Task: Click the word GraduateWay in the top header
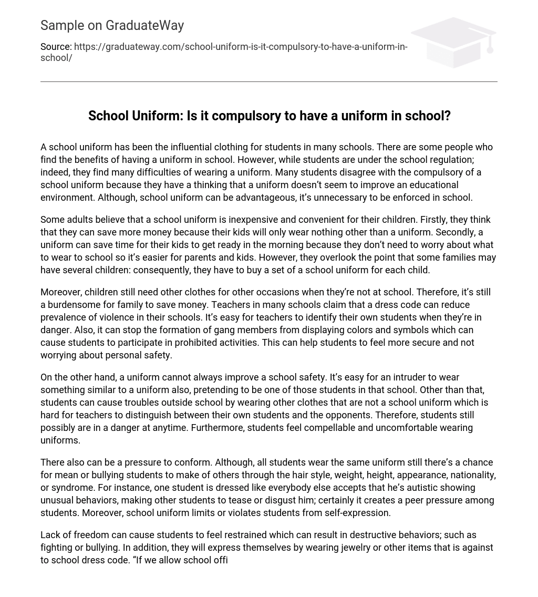point(144,25)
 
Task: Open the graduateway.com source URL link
point(240,47)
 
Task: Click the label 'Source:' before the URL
point(56,47)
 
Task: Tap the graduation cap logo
point(453,42)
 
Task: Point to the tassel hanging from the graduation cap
point(490,46)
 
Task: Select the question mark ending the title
point(447,116)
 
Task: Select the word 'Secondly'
point(460,232)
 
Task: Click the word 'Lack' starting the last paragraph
point(50,535)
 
